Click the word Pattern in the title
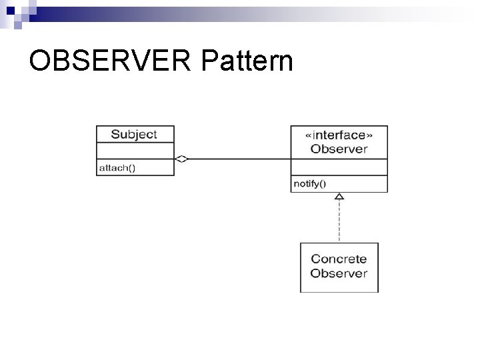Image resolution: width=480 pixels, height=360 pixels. point(246,61)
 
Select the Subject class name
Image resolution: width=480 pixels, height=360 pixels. point(134,134)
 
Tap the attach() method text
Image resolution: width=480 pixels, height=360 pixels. point(117,168)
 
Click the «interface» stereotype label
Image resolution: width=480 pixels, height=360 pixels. point(339,135)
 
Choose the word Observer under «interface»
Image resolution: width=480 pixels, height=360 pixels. point(339,149)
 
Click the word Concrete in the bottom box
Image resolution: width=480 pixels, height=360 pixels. point(339,259)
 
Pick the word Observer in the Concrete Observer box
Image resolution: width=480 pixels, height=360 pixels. point(339,273)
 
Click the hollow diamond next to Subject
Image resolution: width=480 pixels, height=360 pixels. point(182,159)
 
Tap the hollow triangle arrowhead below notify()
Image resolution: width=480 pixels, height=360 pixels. point(339,197)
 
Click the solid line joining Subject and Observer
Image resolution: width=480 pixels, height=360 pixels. point(240,159)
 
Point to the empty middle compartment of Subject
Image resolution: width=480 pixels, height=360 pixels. point(135,151)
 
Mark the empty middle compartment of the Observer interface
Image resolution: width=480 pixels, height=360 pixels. point(339,167)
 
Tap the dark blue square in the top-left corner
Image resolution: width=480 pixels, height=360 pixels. point(11,10)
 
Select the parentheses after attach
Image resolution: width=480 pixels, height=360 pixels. point(131,168)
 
